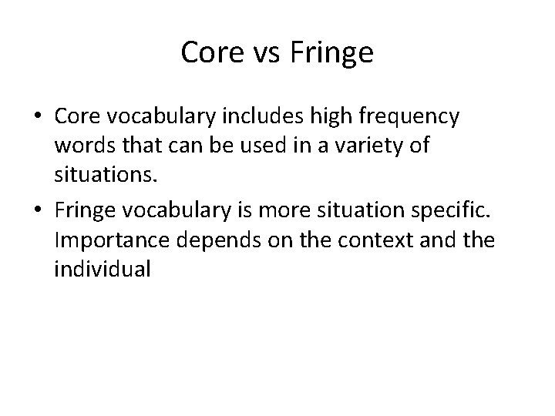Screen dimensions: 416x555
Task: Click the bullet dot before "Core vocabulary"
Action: click(39, 116)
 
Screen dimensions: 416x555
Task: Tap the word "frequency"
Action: click(412, 116)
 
